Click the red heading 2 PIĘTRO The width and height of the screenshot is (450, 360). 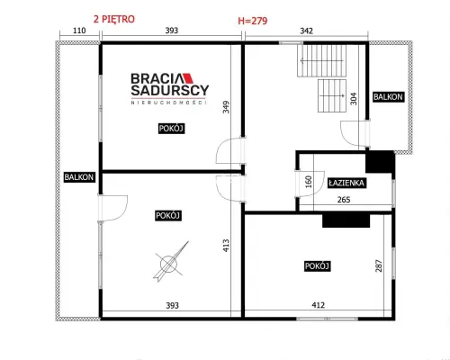(x=114, y=20)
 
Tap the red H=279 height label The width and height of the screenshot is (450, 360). (x=253, y=21)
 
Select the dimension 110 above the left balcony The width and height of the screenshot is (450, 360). (x=79, y=31)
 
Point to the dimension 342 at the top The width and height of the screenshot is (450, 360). (x=306, y=31)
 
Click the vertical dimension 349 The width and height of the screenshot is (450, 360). (x=226, y=107)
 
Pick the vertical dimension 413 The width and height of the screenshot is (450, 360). (x=226, y=245)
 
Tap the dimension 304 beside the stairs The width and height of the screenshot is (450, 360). (x=354, y=99)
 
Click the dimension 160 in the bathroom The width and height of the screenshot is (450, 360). (x=309, y=182)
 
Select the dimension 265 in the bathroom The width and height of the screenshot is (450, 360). (x=344, y=200)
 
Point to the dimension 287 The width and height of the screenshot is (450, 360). (x=379, y=265)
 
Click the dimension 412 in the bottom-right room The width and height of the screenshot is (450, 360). (x=318, y=305)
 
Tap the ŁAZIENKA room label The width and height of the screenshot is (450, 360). (x=346, y=183)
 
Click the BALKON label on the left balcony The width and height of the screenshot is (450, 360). (x=79, y=177)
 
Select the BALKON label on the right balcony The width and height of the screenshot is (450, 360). (x=388, y=97)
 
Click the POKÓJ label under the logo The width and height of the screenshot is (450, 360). (x=171, y=129)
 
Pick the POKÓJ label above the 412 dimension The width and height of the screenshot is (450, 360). (x=317, y=266)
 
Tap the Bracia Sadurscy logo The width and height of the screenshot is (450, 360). (x=169, y=88)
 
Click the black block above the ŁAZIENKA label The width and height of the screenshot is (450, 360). (x=379, y=162)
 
